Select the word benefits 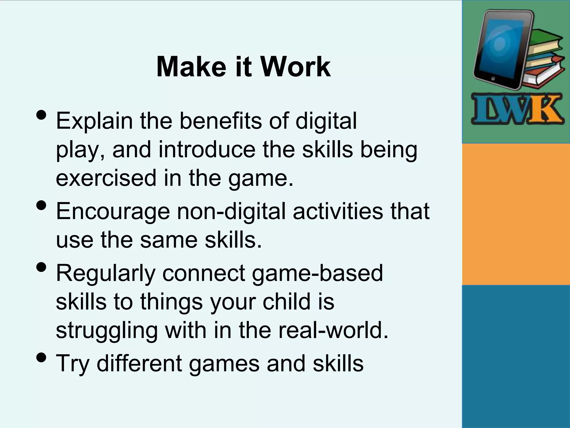coord(220,121)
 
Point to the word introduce coord(207,150)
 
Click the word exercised coord(106,178)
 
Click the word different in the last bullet coord(139,363)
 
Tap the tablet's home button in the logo coord(493,79)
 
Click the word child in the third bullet coord(286,302)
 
